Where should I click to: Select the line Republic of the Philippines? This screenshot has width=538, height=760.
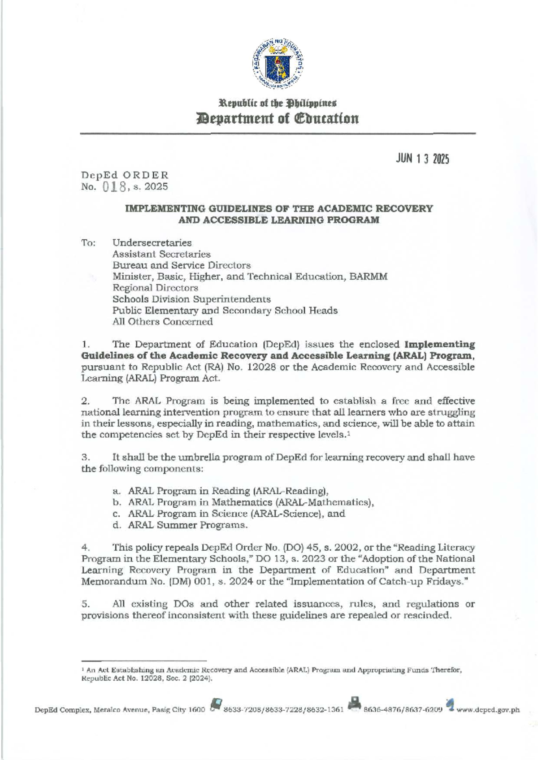[x=277, y=103]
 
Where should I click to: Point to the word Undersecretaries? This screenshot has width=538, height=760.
[x=152, y=243]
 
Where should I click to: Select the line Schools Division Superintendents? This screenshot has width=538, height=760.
[x=191, y=299]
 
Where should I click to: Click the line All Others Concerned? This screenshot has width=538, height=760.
[x=162, y=322]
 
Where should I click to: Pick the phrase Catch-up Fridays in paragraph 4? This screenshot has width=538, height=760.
[x=431, y=582]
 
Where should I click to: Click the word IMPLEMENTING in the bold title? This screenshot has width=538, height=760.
[x=155, y=209]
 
